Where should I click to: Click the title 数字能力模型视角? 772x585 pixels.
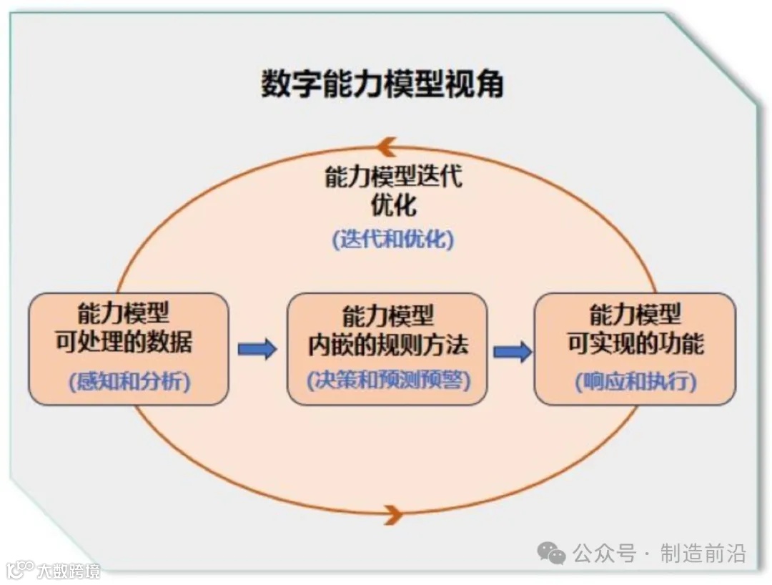point(382,84)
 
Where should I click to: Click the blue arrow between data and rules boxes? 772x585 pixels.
point(257,349)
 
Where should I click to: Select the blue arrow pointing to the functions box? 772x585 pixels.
point(512,351)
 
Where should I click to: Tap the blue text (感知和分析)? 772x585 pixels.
point(129,381)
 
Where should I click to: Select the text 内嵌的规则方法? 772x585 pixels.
point(388,345)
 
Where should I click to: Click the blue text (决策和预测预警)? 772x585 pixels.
point(388,380)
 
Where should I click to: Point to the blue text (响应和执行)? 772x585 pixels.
point(635,382)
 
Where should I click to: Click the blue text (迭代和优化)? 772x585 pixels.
point(393,240)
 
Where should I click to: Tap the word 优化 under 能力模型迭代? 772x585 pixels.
point(393,206)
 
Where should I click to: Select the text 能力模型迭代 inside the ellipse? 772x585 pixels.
point(393,177)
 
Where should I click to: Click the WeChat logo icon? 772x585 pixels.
point(551,553)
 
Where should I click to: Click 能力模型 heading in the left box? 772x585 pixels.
point(124,313)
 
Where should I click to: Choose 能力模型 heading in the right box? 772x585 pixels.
point(635,315)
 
